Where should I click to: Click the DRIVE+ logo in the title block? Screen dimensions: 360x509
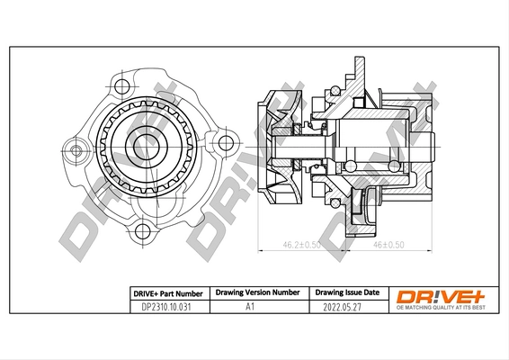click(441, 293)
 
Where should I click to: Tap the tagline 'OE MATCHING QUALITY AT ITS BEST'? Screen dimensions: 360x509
click(441, 308)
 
